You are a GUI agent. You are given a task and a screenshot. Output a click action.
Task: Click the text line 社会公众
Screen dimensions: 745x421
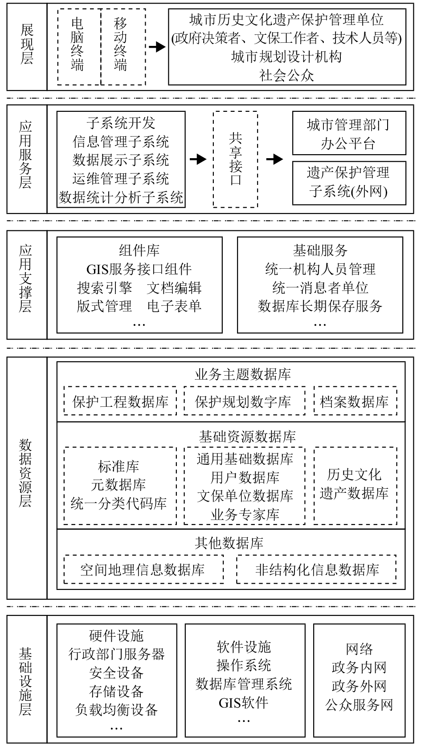pos(287,75)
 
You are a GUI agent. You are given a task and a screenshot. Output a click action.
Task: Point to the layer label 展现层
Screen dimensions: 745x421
pos(27,45)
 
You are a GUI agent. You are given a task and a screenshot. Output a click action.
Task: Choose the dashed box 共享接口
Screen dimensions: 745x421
pos(235,160)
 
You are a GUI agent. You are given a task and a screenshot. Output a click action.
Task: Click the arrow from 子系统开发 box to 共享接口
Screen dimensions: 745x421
pos(198,160)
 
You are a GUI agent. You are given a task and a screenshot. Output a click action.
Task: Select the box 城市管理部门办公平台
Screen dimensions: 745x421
pos(349,134)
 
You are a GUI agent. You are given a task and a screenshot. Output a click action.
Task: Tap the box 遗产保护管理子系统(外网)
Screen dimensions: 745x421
pos(349,182)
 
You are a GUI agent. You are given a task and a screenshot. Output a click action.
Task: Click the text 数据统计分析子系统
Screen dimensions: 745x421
pos(121,197)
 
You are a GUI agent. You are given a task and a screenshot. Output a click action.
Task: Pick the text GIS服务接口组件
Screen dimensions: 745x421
pos(139,269)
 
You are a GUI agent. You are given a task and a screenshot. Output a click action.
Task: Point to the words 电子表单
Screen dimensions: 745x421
pos(174,306)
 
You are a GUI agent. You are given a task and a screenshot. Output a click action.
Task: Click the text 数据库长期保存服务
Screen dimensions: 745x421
pos(320,306)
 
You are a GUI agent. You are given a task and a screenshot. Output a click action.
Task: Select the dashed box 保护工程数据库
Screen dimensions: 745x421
pos(120,401)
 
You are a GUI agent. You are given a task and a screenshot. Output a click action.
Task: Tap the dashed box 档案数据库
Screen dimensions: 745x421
pos(355,401)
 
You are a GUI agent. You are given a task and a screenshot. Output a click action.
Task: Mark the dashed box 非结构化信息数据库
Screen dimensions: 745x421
pos(317,569)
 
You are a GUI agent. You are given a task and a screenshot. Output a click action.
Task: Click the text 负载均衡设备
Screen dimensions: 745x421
pos(117,709)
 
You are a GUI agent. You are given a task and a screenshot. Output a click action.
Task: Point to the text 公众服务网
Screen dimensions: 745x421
pos(359,704)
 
